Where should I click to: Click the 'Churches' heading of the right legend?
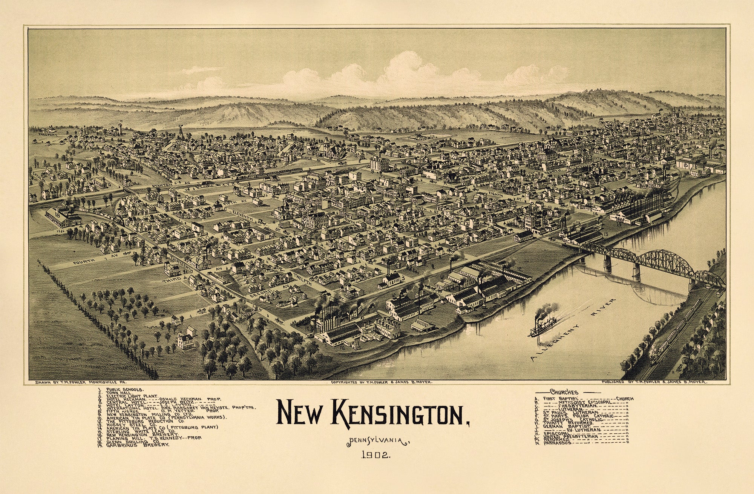(x=564, y=392)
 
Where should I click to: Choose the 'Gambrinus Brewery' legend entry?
(x=137, y=445)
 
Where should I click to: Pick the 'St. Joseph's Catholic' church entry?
(x=573, y=419)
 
